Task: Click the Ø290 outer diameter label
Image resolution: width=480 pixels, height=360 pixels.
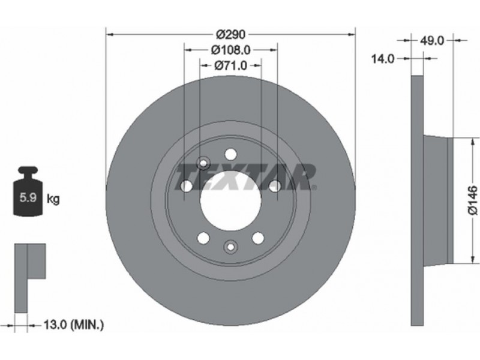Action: pos(230,35)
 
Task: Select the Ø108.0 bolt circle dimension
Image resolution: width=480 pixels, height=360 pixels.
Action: pos(230,50)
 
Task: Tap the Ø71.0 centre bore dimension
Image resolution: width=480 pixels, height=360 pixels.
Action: pos(230,65)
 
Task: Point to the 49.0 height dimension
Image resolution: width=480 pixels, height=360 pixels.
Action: pos(431,40)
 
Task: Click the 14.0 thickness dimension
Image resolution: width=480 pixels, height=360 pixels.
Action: pos(383,58)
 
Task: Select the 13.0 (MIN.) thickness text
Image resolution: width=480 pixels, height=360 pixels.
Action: pos(73,325)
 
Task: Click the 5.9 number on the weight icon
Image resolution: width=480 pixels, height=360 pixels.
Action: pos(28,197)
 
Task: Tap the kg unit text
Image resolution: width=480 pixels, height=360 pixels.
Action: pos(53,199)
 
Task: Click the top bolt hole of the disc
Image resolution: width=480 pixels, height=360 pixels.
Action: pos(230,154)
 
